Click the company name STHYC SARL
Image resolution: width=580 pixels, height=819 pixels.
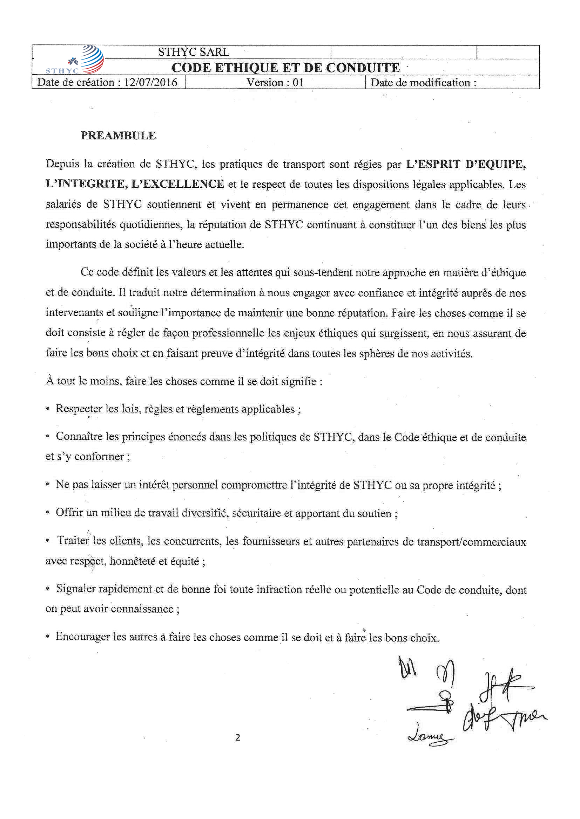point(194,52)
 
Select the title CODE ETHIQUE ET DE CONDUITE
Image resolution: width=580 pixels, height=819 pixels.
point(285,68)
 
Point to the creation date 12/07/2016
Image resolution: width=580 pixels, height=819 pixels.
point(150,82)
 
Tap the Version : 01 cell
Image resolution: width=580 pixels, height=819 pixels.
point(275,82)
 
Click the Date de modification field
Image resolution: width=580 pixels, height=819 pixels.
point(424,83)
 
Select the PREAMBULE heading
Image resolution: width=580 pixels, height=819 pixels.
point(118,136)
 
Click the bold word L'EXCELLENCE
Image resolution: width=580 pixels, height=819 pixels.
point(178,184)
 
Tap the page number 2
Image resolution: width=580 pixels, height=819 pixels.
point(237,737)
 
